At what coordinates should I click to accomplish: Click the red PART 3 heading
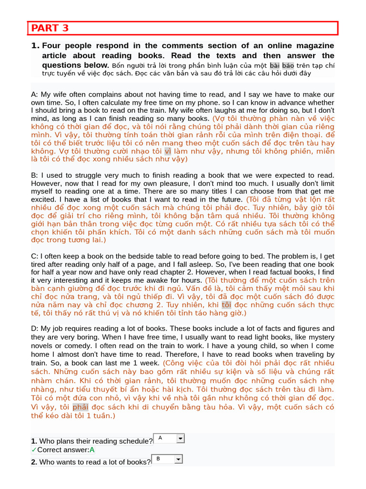pos(50,28)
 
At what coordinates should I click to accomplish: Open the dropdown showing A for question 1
pos(180,438)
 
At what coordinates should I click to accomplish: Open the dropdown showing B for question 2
pos(178,459)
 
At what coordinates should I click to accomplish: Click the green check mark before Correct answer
pos(34,450)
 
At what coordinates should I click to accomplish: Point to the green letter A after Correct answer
pos(92,450)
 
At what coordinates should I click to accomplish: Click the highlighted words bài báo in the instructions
pos(282,65)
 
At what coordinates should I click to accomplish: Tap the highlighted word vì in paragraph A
pos(167,151)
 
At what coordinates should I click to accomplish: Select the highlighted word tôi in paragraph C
pos(226,305)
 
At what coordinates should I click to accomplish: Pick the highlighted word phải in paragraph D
pos(81,407)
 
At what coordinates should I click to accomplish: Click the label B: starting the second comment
pos(34,175)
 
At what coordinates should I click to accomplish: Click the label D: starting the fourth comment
pos(34,329)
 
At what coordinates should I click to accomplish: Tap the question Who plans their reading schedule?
pos(96,441)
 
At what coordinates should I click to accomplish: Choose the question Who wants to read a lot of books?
pos(95,462)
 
